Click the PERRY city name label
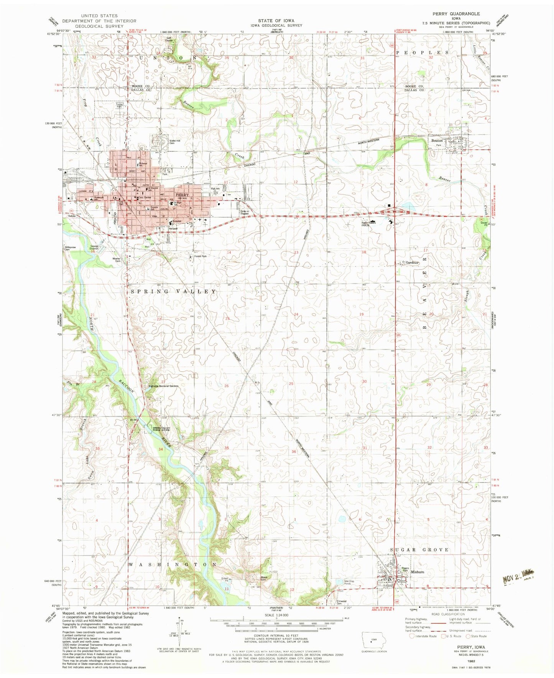click(x=182, y=195)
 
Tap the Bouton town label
click(x=437, y=141)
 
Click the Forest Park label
click(x=200, y=256)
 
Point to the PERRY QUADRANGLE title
click(x=456, y=14)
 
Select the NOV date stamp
click(x=517, y=576)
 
